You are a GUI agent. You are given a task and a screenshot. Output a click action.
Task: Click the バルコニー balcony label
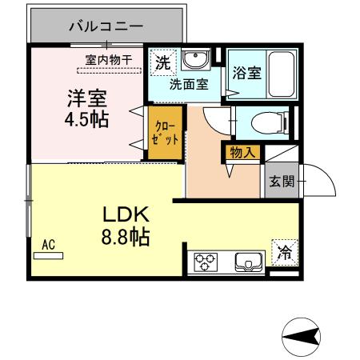106,26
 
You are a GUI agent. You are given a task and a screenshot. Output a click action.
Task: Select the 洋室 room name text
85,99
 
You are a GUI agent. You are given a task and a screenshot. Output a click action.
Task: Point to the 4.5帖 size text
86,120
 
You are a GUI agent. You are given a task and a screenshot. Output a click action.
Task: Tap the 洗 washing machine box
162,62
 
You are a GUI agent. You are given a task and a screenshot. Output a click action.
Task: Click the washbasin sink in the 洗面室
194,61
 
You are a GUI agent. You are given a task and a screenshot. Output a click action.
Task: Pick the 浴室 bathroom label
246,73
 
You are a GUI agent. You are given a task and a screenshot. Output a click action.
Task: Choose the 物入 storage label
241,151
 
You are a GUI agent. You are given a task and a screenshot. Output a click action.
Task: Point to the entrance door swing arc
314,180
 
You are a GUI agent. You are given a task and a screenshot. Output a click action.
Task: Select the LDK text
126,215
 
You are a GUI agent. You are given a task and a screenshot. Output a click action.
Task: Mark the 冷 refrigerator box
285,252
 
